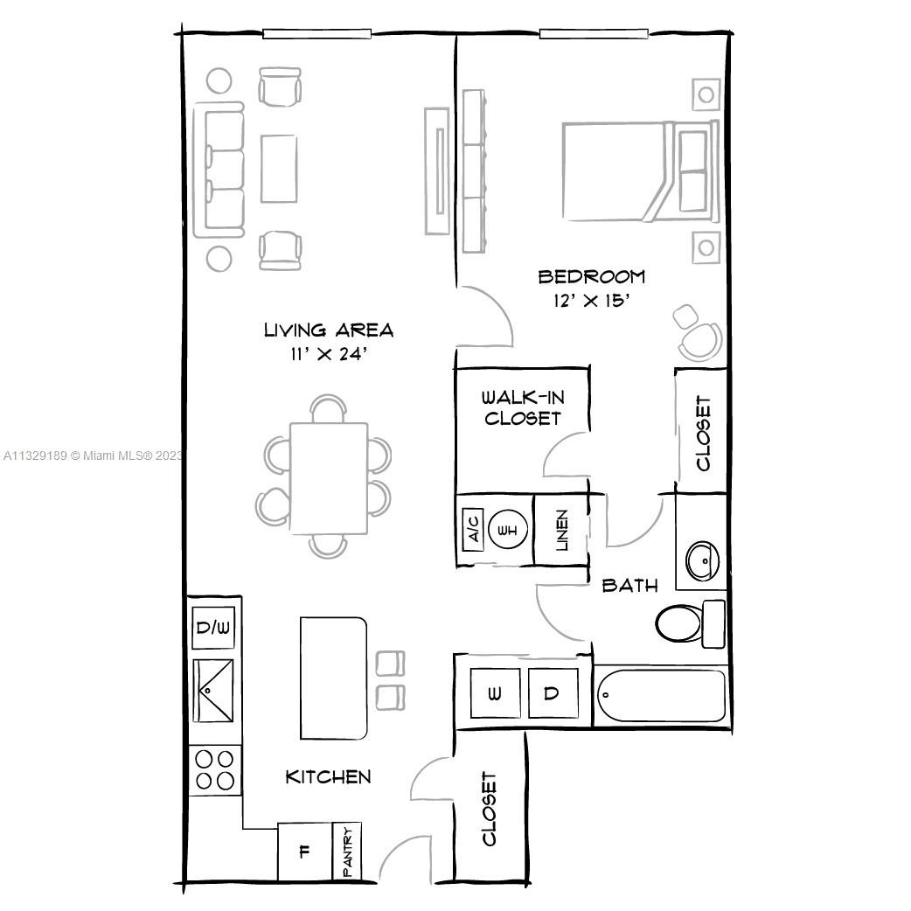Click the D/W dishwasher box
(212, 629)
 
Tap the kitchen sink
(213, 691)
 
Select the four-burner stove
(215, 769)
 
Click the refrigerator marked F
(304, 852)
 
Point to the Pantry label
(347, 852)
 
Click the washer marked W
(495, 693)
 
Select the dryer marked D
(553, 693)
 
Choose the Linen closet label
(560, 530)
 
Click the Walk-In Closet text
(522, 408)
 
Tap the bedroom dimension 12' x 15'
(591, 300)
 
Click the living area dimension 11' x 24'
(328, 354)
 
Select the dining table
(328, 477)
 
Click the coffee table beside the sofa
(278, 168)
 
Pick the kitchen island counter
(333, 678)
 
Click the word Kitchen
(328, 776)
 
